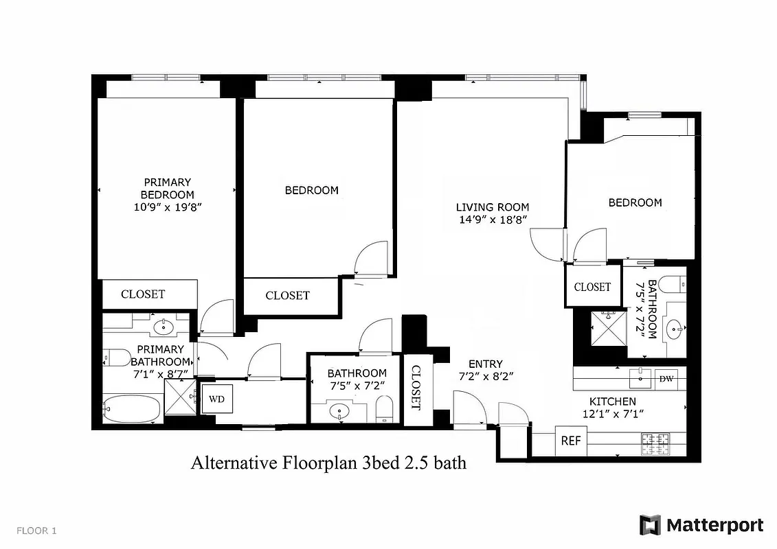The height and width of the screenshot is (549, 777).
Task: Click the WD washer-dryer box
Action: tap(216, 399)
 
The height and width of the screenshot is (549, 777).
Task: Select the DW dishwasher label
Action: tap(666, 379)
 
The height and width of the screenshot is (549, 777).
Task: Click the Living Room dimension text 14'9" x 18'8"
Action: tap(493, 220)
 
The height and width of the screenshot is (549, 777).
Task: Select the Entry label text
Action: tap(486, 364)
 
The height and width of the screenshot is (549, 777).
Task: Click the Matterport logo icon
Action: tap(650, 525)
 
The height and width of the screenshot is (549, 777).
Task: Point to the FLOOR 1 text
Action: tap(36, 530)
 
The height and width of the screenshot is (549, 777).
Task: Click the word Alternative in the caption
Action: tap(233, 463)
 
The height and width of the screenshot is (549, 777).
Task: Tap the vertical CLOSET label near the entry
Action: tap(416, 388)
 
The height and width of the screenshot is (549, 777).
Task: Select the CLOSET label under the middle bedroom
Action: tap(287, 296)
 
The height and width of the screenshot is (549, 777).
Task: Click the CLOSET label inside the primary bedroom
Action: tap(143, 294)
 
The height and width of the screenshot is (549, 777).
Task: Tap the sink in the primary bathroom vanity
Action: tap(164, 327)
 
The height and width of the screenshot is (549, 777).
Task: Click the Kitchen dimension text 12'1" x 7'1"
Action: tap(612, 414)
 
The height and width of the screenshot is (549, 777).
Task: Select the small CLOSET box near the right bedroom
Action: tap(592, 287)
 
